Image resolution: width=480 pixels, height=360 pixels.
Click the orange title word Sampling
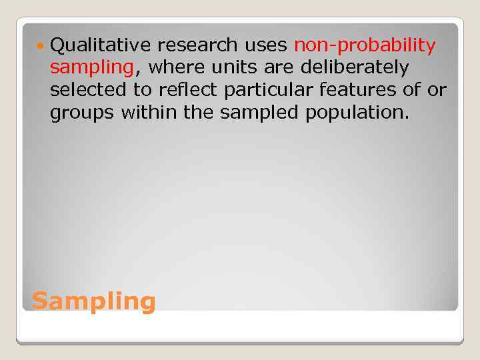(93, 302)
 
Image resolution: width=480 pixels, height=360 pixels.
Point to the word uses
(265, 45)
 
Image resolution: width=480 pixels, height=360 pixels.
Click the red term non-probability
(365, 45)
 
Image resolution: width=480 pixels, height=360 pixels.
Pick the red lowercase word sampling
(92, 68)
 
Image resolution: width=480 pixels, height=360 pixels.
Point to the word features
(358, 91)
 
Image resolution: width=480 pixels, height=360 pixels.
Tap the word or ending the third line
(436, 91)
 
